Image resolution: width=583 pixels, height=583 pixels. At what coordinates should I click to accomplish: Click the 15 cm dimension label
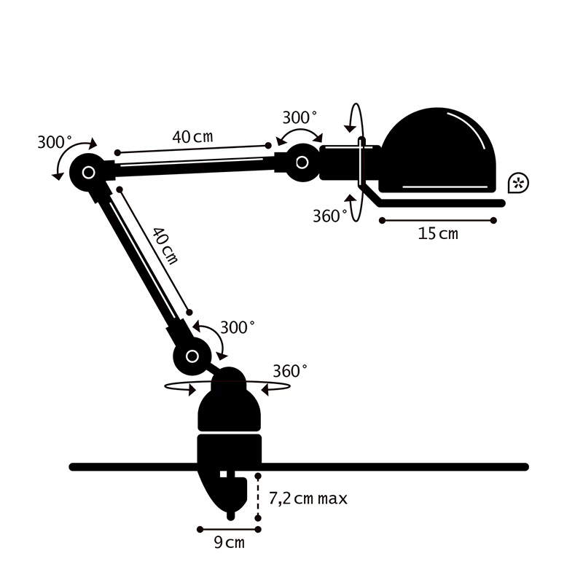point(438,234)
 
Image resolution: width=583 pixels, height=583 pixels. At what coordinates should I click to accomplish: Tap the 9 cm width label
point(230,542)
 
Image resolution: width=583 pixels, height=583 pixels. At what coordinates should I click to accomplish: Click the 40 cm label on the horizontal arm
point(193,136)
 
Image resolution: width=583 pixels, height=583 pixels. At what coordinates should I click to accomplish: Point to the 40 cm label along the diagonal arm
point(165,246)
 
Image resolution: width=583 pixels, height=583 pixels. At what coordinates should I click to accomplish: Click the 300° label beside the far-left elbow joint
point(55,143)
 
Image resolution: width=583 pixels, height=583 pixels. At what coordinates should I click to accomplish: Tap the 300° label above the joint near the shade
point(300,117)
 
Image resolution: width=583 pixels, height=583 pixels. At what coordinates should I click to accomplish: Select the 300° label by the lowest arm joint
point(237,327)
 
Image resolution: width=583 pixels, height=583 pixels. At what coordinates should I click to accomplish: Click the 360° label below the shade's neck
point(329,216)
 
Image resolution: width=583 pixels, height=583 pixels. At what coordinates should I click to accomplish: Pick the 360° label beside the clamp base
point(290,371)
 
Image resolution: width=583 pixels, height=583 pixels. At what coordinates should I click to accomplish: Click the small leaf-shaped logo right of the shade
point(518,183)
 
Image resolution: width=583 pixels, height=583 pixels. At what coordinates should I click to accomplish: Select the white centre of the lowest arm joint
point(192,356)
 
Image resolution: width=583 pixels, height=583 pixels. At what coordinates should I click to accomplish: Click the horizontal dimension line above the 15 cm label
point(437,219)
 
